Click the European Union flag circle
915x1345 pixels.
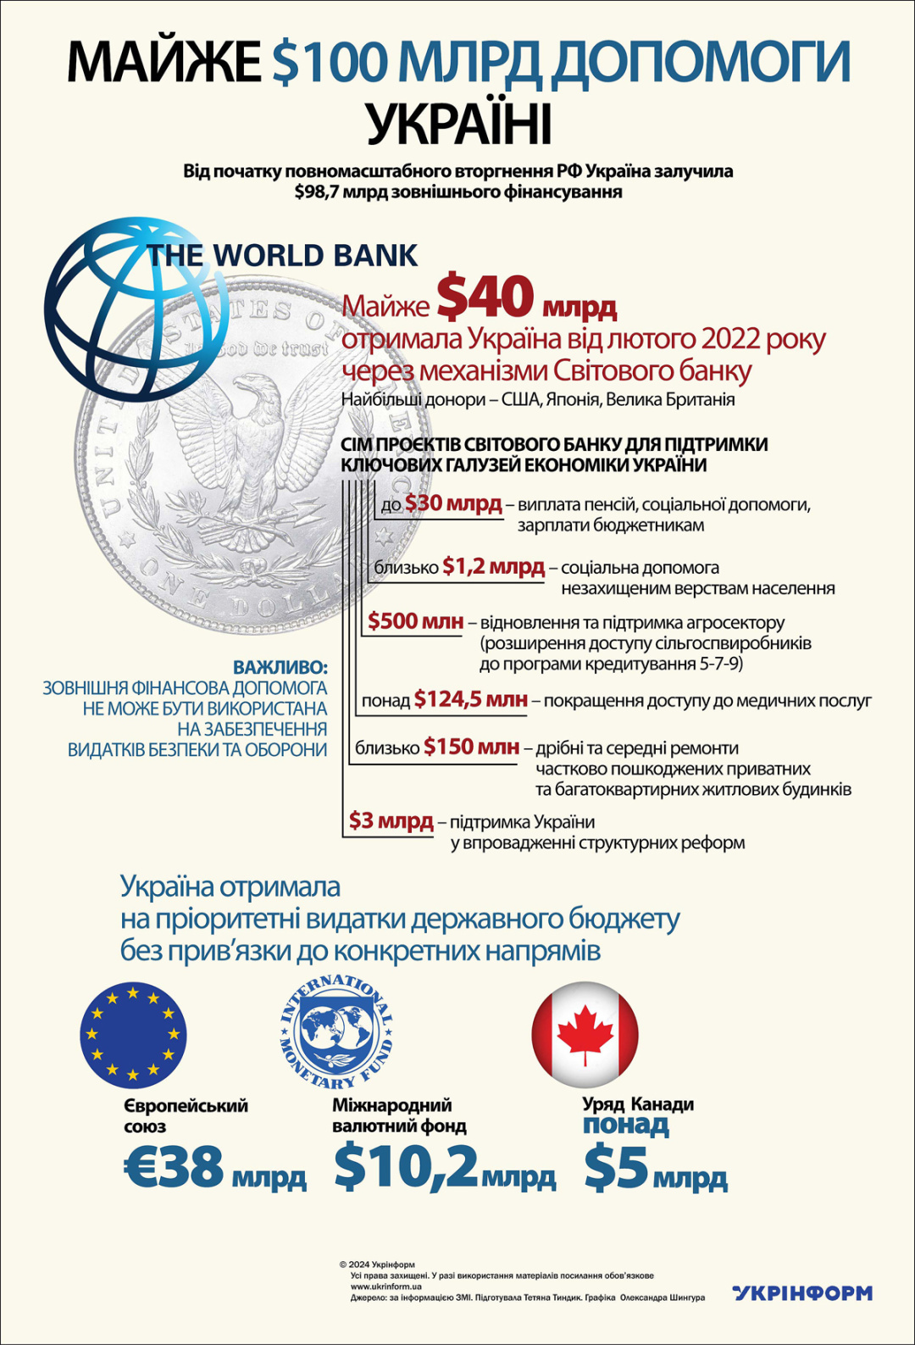[133, 1035]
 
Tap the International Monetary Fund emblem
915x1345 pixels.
[336, 1031]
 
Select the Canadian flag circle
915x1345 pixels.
[585, 1035]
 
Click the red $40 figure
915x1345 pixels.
[485, 297]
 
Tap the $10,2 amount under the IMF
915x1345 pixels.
[407, 1166]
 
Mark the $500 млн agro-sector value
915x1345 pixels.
[416, 621]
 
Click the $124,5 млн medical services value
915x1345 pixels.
[470, 700]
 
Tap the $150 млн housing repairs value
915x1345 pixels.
[471, 747]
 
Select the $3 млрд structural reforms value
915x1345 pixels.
[391, 820]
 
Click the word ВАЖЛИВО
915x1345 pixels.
[280, 667]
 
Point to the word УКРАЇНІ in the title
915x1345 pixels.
[458, 124]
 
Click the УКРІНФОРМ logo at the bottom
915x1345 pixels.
[801, 1292]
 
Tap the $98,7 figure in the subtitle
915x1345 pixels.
[316, 192]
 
